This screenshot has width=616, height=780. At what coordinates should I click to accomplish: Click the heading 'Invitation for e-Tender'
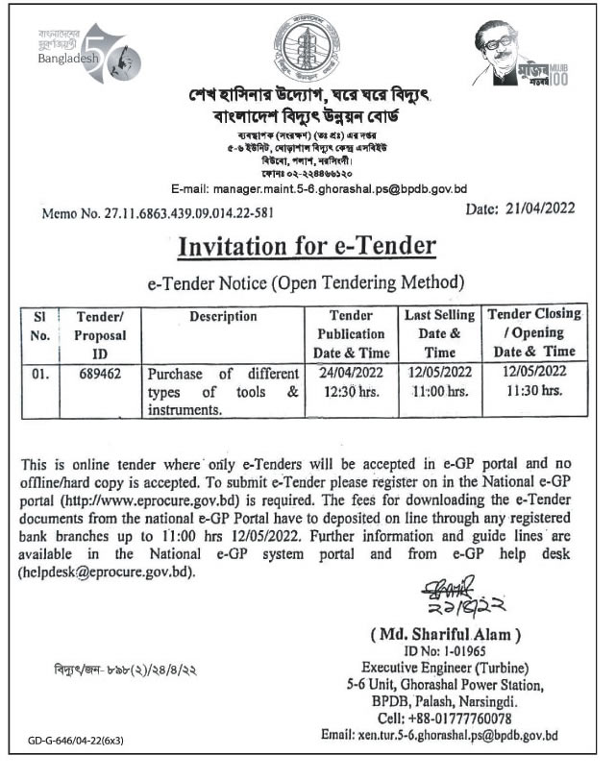[308, 247]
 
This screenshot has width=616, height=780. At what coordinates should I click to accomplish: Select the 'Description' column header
[223, 316]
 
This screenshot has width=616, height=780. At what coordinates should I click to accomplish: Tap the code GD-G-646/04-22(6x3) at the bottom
[77, 741]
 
